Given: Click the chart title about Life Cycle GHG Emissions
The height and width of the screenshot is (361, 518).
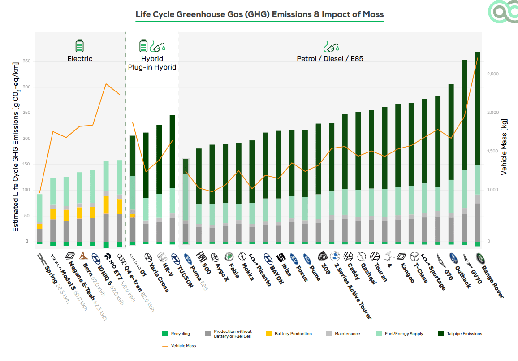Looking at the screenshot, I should pyautogui.click(x=259, y=14).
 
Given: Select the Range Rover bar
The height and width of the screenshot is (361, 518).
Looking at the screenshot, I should pyautogui.click(x=478, y=148).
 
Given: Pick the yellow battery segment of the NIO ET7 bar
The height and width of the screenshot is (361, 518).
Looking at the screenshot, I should pyautogui.click(x=106, y=204).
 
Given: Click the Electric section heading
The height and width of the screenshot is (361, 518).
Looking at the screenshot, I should pyautogui.click(x=80, y=58).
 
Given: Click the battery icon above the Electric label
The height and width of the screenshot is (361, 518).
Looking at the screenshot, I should pyautogui.click(x=79, y=46).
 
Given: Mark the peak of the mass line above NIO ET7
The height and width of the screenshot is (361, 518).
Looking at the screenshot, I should pyautogui.click(x=106, y=84).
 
